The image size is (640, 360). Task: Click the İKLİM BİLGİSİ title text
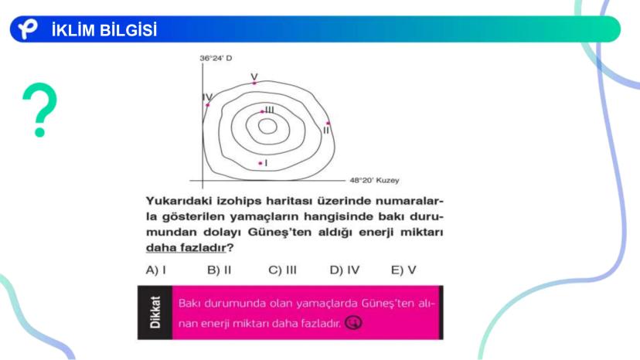(104, 30)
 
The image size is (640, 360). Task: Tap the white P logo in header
(27, 29)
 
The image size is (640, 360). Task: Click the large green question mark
(39, 110)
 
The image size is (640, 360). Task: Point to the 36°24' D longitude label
(216, 59)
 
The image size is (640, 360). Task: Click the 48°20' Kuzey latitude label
(374, 181)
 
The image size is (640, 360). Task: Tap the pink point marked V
(254, 83)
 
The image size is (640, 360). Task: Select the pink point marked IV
(208, 105)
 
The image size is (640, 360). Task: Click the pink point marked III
(262, 111)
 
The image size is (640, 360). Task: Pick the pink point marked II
(329, 123)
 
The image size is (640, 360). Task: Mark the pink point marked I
(260, 163)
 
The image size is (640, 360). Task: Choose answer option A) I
(156, 270)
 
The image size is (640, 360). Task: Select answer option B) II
(220, 270)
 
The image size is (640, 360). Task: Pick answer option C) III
(282, 270)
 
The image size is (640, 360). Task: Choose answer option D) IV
(345, 270)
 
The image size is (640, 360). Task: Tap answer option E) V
(403, 270)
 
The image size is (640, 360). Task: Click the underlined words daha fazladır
(186, 248)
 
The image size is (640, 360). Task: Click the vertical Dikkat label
(155, 312)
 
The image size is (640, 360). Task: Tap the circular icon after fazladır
(353, 323)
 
